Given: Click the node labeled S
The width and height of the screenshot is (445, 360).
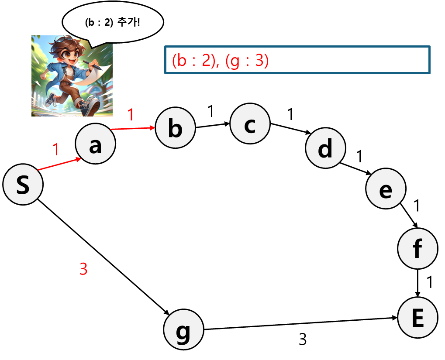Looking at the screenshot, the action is pos(23,185).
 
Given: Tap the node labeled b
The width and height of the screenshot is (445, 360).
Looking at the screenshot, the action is pos(175,128).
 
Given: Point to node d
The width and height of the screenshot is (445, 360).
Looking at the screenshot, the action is pos(325,148).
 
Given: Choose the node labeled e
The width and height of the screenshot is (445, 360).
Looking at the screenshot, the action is pos(386,189).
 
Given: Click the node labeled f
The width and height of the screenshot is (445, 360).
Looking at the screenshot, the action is pos(417,248).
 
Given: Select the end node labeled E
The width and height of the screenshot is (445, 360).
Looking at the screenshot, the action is pos(417,318).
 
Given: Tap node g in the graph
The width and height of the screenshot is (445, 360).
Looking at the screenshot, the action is pos(183,329).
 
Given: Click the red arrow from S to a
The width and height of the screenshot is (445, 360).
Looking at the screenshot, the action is pos(60,164).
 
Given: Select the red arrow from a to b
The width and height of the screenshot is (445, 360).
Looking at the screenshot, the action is pos(133,128).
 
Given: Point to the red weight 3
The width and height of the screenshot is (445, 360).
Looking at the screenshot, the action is pos(83,269).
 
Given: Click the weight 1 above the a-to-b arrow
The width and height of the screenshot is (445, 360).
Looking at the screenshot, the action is pos(131,115).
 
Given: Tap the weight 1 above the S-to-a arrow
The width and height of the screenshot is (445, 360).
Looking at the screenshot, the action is pos(55,150).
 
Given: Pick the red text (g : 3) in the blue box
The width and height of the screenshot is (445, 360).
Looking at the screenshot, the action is pos(246,61).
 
